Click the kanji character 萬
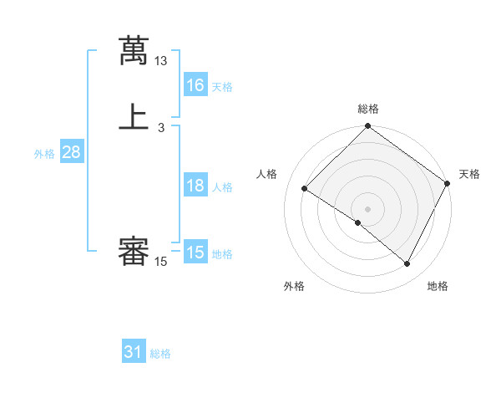(134, 51)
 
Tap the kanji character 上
(134, 118)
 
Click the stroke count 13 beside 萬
(161, 61)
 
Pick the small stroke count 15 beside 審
(161, 262)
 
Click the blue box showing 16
(195, 85)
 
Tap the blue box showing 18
(195, 186)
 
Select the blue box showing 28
(71, 152)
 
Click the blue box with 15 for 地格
(195, 253)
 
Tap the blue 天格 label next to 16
(222, 87)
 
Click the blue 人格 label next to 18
(222, 187)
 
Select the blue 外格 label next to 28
(44, 154)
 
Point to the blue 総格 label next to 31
(160, 354)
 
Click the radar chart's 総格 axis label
(368, 109)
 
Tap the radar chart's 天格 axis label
(469, 174)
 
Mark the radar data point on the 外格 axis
(358, 222)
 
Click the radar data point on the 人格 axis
(305, 189)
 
